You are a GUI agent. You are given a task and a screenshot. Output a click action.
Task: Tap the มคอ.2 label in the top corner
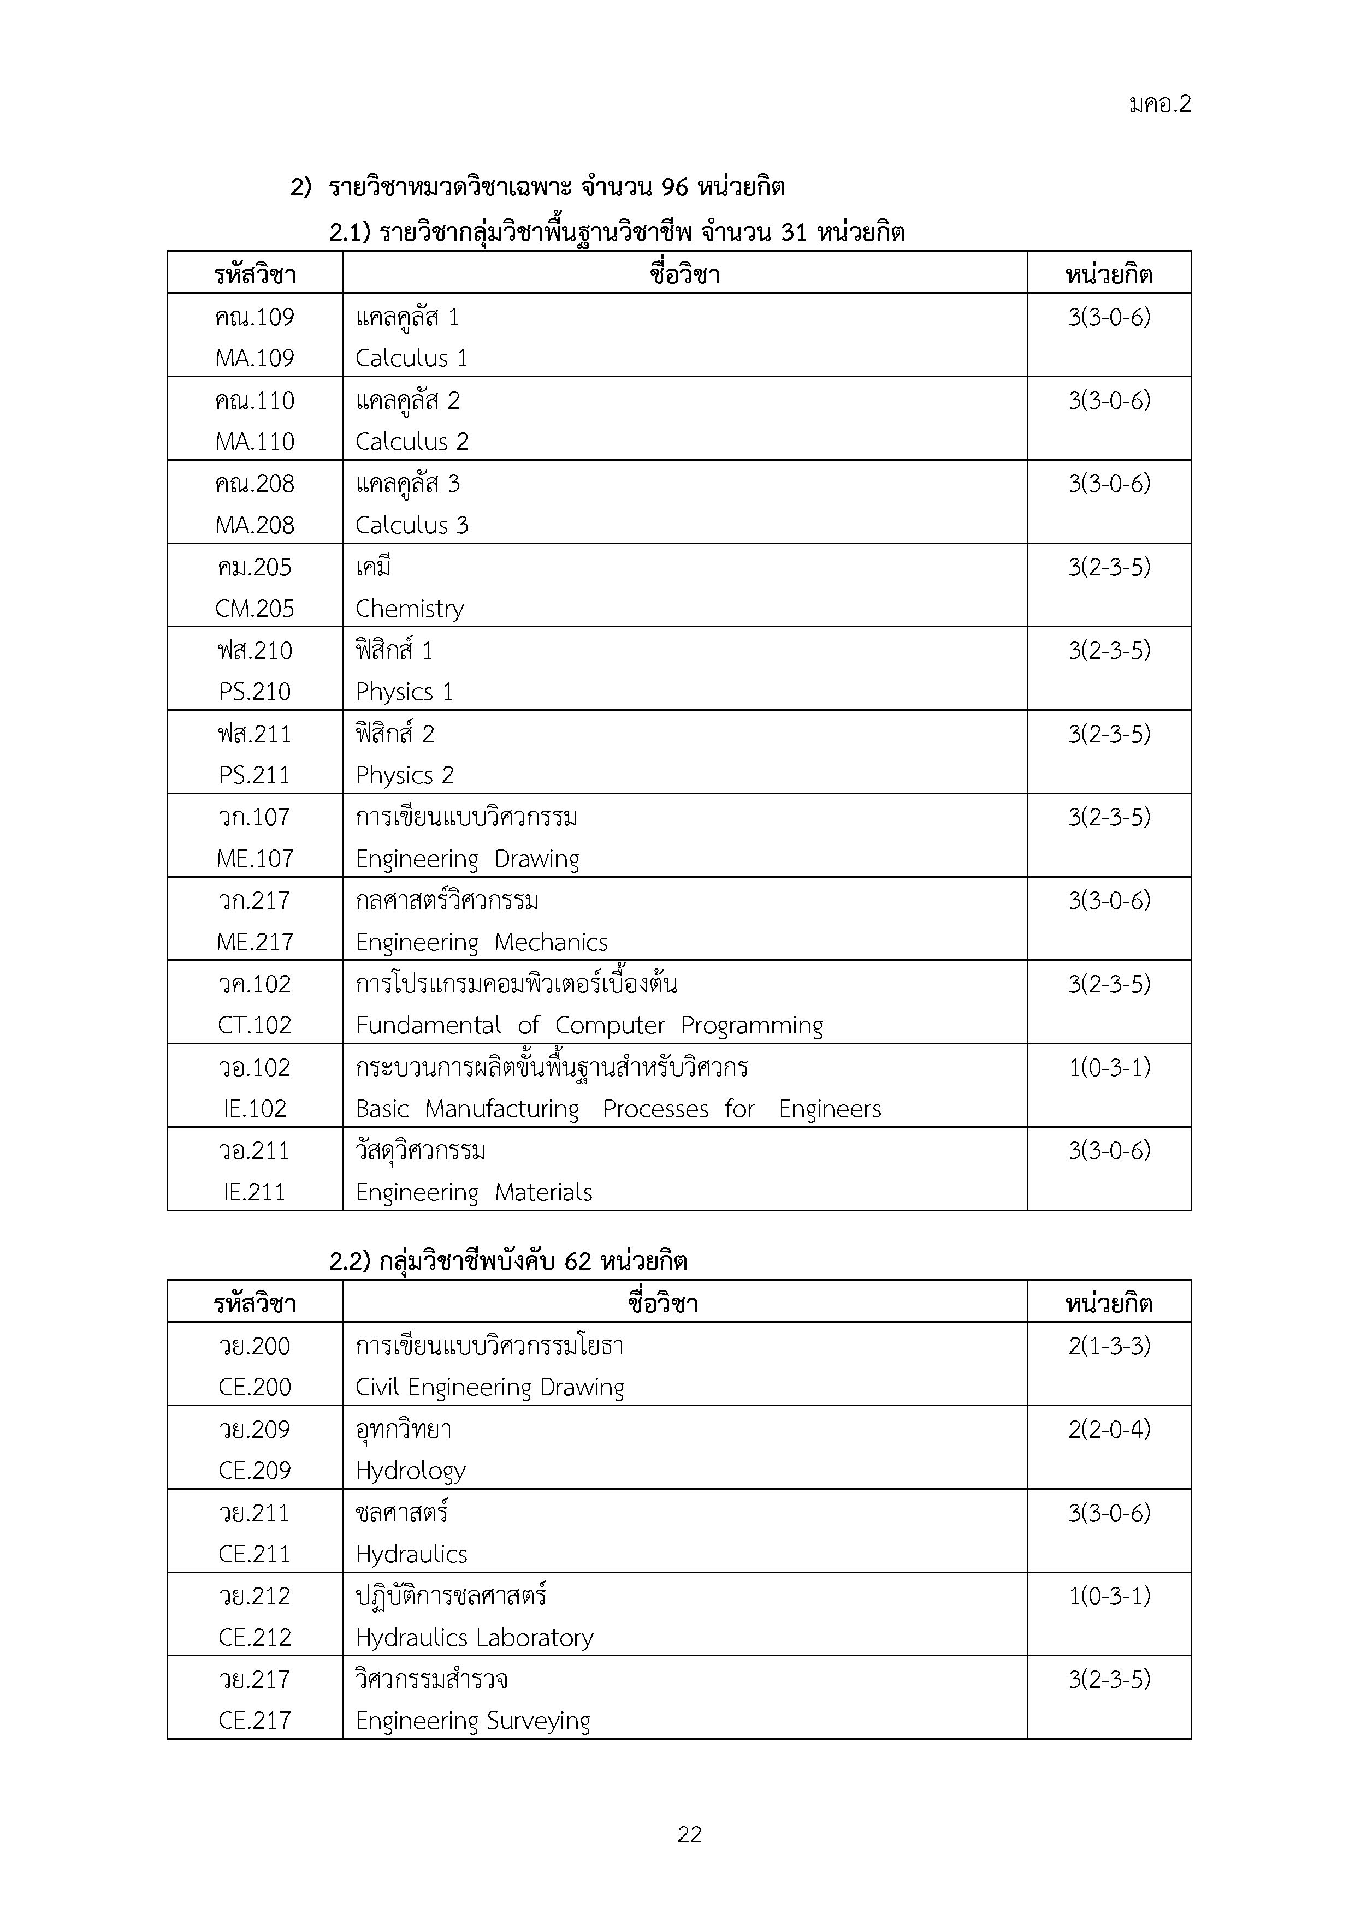click(x=1160, y=104)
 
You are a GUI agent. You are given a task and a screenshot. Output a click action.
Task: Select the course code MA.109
click(x=255, y=358)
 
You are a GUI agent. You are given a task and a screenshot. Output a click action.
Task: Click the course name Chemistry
click(x=409, y=609)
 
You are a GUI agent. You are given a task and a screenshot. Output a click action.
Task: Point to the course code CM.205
click(x=255, y=608)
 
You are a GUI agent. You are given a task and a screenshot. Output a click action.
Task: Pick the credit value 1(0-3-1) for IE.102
click(x=1109, y=1068)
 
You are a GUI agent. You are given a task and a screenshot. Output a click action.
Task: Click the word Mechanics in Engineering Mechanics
click(x=551, y=942)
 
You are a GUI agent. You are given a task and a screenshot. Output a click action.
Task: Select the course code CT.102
click(x=255, y=1025)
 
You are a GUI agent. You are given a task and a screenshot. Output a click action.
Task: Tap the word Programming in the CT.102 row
click(x=752, y=1026)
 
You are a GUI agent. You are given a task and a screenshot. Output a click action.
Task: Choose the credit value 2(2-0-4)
click(x=1109, y=1430)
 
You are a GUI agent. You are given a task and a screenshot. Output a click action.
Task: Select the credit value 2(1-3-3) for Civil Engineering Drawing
click(x=1109, y=1346)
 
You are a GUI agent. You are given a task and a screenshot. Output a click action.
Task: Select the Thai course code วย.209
click(x=255, y=1430)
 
